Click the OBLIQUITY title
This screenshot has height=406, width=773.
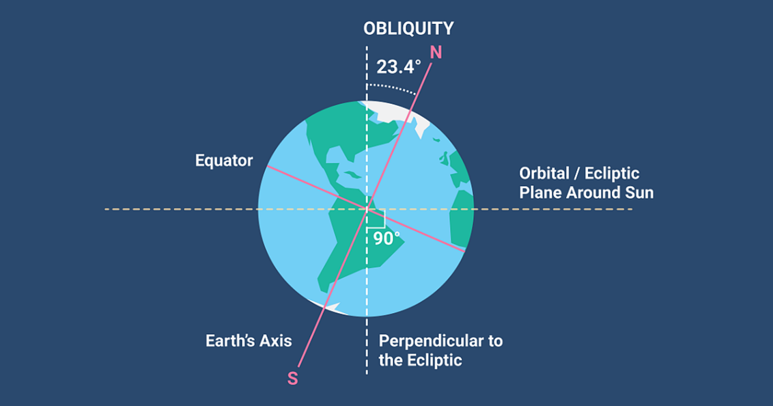(x=408, y=29)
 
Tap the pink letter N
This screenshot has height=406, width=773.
(x=436, y=53)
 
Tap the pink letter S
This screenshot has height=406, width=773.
(x=293, y=379)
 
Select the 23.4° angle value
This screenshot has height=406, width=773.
(x=399, y=67)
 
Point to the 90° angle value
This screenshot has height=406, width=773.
(x=386, y=239)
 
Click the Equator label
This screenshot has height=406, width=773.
(x=224, y=161)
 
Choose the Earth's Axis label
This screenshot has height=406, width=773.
(x=249, y=341)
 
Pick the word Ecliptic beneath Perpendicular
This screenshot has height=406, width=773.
(x=434, y=360)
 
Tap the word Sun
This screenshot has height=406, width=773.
(x=639, y=192)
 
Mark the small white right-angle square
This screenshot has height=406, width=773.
(x=376, y=219)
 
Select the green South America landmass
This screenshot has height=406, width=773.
(x=352, y=242)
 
